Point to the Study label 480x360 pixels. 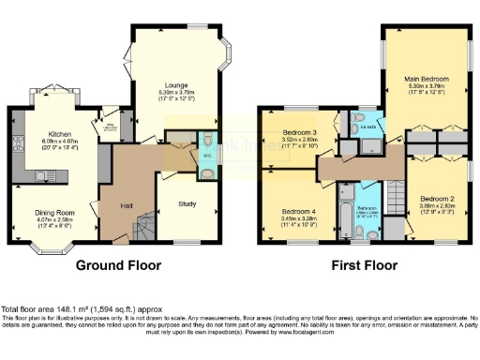pyautogui.click(x=186, y=204)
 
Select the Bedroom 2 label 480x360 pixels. pyautogui.click(x=437, y=199)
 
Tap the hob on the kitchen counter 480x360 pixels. pyautogui.click(x=18, y=143)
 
